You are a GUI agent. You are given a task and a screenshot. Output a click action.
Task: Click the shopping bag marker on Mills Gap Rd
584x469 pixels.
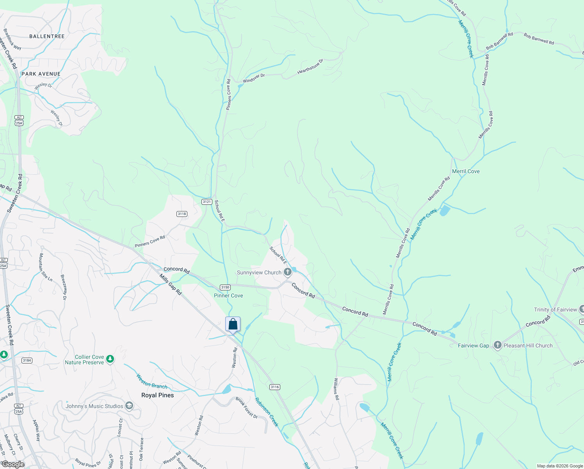pos(233,324)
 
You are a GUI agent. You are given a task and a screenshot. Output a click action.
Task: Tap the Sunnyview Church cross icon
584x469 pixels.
pos(288,272)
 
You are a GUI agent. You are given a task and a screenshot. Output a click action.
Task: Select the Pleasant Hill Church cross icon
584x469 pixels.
pos(497,345)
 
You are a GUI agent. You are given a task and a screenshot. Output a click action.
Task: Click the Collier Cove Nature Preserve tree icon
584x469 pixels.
pos(110,359)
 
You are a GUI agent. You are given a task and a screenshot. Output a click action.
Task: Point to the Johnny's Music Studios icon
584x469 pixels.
pos(129,406)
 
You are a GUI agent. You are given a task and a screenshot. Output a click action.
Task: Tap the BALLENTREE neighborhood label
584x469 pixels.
pos(47,36)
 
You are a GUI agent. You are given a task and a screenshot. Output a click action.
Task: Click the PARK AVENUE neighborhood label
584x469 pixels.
pos(41,74)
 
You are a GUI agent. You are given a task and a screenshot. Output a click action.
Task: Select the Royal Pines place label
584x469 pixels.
pos(157,395)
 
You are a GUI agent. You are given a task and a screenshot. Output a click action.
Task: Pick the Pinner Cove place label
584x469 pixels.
pos(228,295)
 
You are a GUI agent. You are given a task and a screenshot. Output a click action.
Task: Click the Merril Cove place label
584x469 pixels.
pos(466,171)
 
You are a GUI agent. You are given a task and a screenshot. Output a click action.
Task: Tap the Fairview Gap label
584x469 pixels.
pos(473,345)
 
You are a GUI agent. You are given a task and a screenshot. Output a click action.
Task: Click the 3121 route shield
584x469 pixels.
pos(207,202)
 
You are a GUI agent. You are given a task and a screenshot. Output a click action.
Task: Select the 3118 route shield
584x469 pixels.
pos(182,214)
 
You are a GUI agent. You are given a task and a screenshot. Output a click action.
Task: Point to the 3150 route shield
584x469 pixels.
pos(225,287)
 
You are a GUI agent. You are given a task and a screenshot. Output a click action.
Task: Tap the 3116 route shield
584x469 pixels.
pos(274,387)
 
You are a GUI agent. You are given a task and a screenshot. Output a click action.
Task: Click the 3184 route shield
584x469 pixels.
pos(27,360)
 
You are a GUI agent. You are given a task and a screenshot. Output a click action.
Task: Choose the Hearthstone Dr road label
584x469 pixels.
pos(310,66)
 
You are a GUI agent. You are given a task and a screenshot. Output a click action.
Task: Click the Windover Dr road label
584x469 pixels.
pos(254,78)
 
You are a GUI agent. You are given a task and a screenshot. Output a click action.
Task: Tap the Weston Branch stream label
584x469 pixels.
pos(152,381)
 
